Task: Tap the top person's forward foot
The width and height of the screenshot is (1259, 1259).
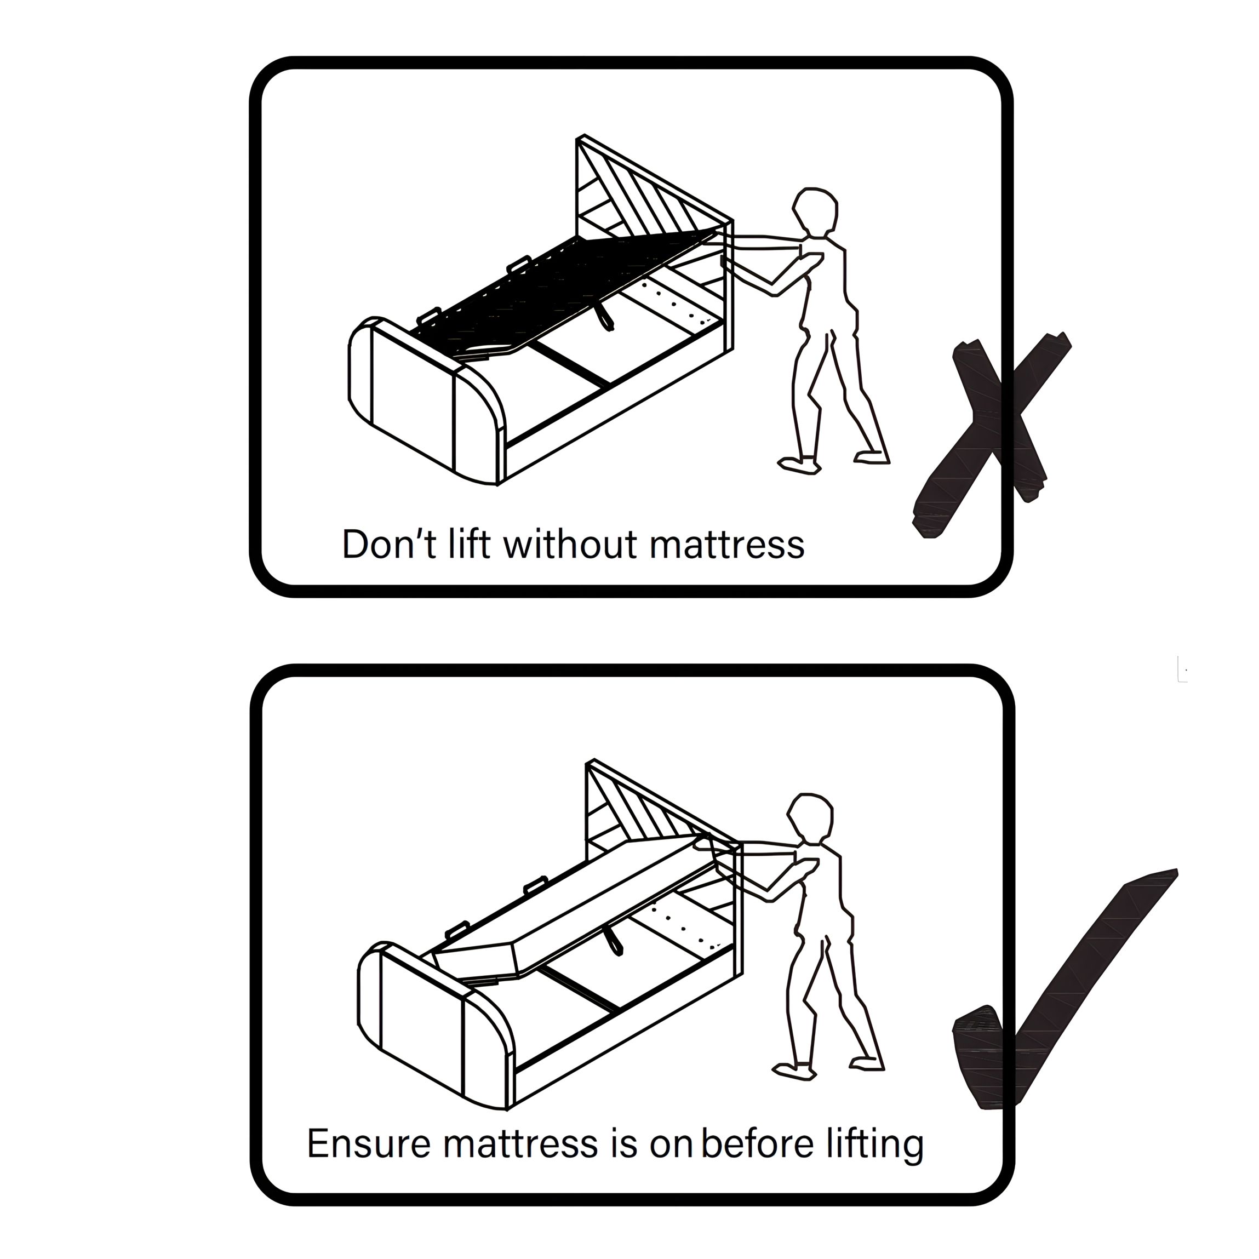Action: (x=799, y=465)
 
